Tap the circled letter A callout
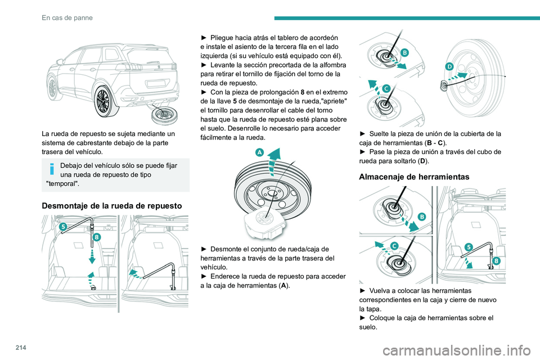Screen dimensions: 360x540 tap(260, 153)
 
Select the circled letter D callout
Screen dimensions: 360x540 tap(449, 66)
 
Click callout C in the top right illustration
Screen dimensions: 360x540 tap(386, 89)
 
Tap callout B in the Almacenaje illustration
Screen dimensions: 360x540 tap(421, 216)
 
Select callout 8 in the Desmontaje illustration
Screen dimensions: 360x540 tap(97, 237)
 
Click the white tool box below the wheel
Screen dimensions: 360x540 tap(263, 223)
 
